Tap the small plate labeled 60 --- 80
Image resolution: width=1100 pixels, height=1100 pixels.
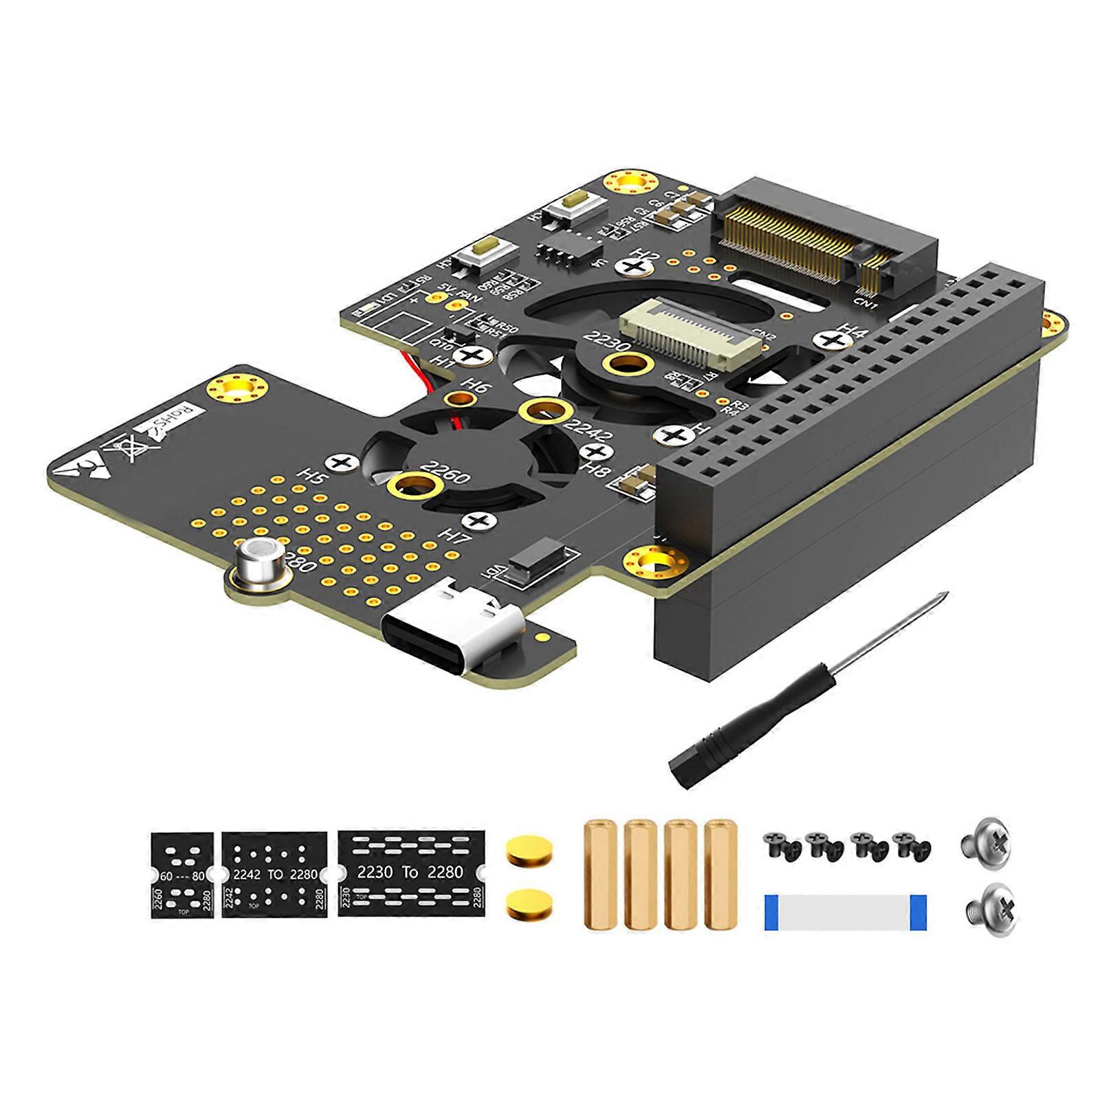(x=181, y=874)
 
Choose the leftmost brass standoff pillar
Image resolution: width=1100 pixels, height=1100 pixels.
(x=597, y=874)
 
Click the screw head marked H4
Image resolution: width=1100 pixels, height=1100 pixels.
(x=831, y=340)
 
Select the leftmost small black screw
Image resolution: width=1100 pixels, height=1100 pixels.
(x=776, y=843)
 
